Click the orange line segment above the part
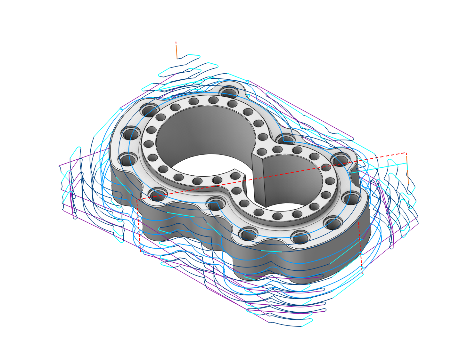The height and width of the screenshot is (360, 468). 176,52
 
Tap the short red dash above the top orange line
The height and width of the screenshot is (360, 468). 176,43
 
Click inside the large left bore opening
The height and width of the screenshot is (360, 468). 205,131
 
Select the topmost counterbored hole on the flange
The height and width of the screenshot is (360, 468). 229,92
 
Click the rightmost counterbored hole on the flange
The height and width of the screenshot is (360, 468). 352,198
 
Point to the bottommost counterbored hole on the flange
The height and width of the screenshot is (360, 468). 300,238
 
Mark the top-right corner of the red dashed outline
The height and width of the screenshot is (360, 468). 406,153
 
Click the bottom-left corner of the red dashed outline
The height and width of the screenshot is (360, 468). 141,252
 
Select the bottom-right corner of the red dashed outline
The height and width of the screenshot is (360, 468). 362,274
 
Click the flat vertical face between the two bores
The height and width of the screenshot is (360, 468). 258,179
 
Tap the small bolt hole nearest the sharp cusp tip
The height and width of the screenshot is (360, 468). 235,176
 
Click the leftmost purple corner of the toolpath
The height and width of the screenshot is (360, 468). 59,165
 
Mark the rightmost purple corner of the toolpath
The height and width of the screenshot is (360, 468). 418,223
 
